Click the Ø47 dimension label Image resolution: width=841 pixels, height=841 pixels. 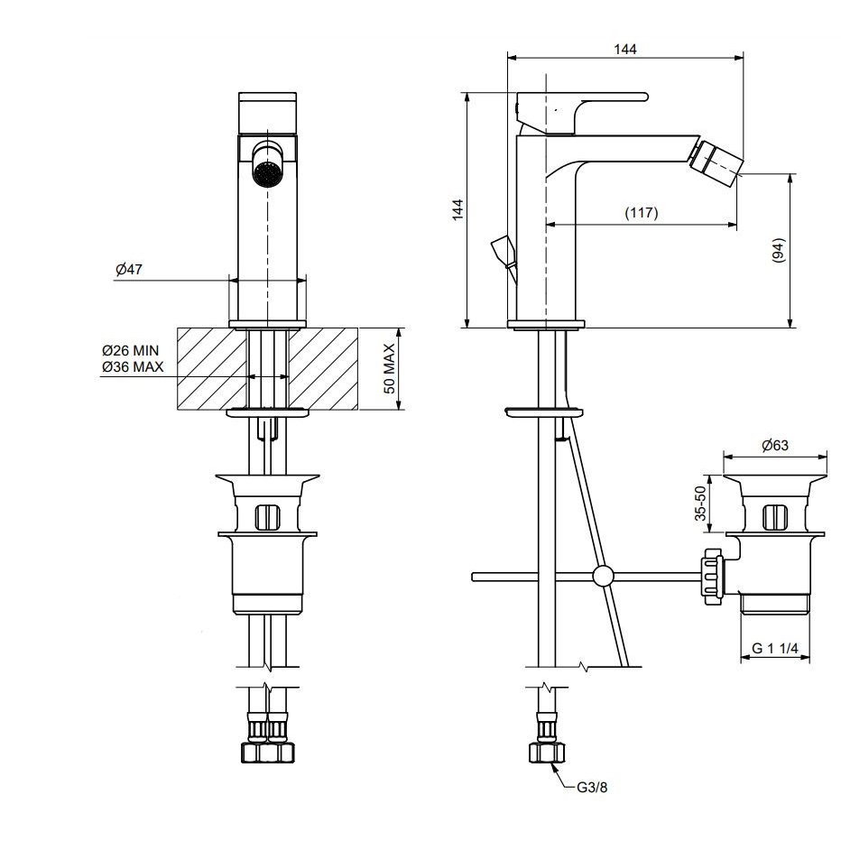(129, 269)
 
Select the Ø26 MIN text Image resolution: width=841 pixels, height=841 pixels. (130, 351)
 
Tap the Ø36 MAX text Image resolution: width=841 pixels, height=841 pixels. (133, 367)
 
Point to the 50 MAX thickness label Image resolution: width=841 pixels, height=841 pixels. (390, 368)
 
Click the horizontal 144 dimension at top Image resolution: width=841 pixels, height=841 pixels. (625, 50)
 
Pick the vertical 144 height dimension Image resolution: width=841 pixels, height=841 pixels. (457, 209)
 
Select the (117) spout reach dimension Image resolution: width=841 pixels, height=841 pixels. (642, 213)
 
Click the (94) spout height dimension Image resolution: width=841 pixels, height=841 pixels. (778, 250)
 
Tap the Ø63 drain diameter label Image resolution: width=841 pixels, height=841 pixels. (775, 445)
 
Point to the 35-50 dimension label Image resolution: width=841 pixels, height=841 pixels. (700, 504)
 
